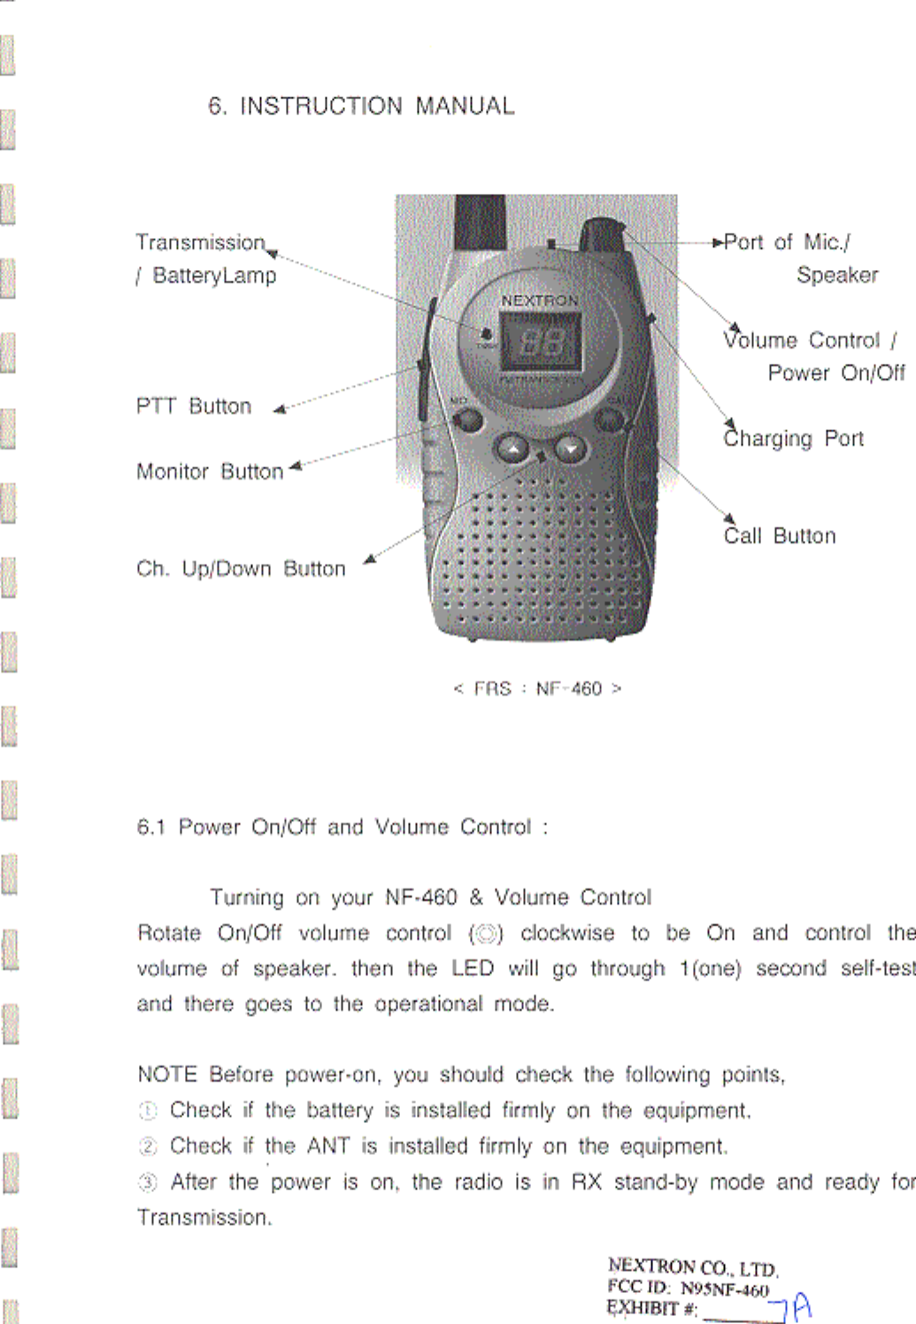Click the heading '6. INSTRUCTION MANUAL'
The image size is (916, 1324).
coord(361,106)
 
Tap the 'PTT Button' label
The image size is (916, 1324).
coord(194,406)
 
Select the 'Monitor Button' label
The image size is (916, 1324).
coord(210,472)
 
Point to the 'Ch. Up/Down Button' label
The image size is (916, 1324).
coord(241,569)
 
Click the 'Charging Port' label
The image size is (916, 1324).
coord(794,439)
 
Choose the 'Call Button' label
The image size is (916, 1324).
coord(780,536)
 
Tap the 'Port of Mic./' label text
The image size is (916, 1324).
coord(787,242)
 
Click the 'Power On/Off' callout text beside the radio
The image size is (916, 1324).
coord(835,373)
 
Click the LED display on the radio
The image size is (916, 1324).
coord(541,342)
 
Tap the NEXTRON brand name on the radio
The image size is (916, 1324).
coord(539,301)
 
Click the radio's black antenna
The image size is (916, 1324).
coord(480,221)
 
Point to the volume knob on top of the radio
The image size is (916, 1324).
coord(603,234)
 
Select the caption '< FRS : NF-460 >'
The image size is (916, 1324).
coord(537,689)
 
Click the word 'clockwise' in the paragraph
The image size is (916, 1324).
coord(567,934)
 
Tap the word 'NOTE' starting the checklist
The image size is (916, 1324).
coord(167,1074)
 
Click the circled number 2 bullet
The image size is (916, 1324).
coord(148,1147)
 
